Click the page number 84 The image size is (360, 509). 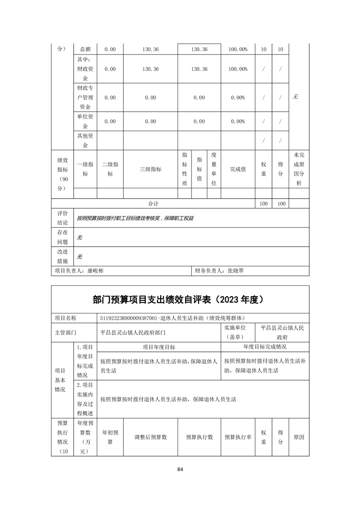click(x=180, y=469)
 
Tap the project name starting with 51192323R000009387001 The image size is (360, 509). click(x=174, y=318)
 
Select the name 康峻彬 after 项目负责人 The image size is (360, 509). click(x=95, y=270)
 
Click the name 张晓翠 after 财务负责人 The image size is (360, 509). click(x=236, y=270)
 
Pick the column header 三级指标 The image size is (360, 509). click(x=150, y=169)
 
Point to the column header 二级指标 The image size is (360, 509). click(x=110, y=169)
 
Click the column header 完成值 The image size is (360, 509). click(x=238, y=169)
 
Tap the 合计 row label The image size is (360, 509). click(x=153, y=204)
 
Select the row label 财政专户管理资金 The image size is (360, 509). click(x=85, y=98)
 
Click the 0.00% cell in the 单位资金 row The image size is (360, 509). click(x=238, y=122)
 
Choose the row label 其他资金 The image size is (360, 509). click(x=85, y=141)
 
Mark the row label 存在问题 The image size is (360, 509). click(x=62, y=237)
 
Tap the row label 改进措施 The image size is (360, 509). click(x=62, y=256)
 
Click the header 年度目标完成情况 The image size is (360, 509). click(x=265, y=347)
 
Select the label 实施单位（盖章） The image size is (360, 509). click(x=235, y=333)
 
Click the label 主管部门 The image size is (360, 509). click(x=65, y=333)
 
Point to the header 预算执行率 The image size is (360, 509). click(x=238, y=437)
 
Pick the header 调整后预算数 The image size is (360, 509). click(x=150, y=437)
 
